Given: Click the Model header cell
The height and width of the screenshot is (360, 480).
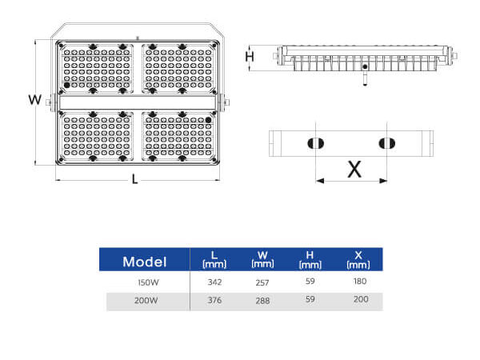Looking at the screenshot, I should (144, 262).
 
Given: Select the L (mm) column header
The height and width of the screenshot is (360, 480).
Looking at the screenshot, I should (214, 258).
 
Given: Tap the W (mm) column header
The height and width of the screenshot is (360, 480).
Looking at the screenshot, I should (262, 258).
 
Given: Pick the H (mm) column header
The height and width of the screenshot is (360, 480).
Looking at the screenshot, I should (310, 258).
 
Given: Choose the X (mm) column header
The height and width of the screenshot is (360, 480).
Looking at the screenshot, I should (358, 258).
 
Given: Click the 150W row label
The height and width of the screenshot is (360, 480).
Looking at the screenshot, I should (149, 282).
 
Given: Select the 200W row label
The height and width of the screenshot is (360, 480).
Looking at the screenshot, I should (149, 302).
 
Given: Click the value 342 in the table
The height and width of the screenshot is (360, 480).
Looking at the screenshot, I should (214, 282).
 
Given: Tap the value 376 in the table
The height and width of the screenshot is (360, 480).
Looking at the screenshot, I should (214, 302).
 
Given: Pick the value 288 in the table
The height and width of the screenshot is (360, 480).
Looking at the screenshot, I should (262, 302).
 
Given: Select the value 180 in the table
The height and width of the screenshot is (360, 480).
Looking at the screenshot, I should (359, 282).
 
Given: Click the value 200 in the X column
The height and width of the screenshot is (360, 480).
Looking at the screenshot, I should (359, 301).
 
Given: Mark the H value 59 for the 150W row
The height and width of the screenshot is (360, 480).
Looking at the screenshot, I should (310, 282).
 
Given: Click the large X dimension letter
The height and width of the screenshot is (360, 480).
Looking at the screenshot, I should (353, 168).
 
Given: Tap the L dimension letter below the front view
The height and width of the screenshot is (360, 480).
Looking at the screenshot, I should (134, 179).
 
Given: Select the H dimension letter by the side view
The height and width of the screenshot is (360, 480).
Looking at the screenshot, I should (250, 57).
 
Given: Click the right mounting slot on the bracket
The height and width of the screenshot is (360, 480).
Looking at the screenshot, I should (386, 143).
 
